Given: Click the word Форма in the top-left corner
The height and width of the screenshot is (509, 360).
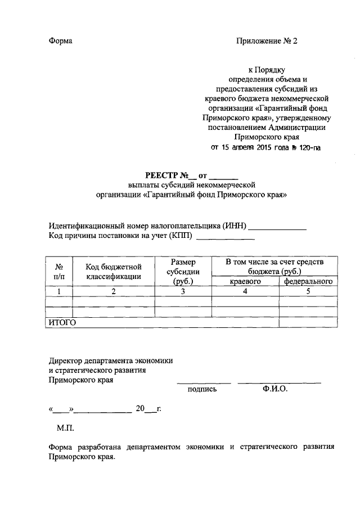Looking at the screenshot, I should [x=61, y=41].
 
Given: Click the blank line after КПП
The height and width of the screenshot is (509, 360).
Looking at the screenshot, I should [x=224, y=240].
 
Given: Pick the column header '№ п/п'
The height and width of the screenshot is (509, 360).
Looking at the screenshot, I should [x=58, y=272].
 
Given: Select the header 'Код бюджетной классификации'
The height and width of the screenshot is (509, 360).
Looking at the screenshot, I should [x=113, y=272].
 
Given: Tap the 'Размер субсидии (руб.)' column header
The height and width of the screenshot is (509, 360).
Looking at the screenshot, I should [x=183, y=272].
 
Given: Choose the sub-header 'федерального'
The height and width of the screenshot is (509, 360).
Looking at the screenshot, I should [x=308, y=281].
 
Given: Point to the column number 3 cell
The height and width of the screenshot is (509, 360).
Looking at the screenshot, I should [x=183, y=291].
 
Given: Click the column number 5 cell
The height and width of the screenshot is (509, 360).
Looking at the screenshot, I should [x=308, y=291].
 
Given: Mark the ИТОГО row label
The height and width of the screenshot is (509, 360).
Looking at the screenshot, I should [x=61, y=322].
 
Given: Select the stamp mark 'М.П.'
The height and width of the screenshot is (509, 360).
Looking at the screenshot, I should [x=65, y=428].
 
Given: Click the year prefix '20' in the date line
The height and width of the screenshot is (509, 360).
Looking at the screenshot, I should [x=140, y=408].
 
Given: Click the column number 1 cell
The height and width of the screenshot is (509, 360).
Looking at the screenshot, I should [x=58, y=291].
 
